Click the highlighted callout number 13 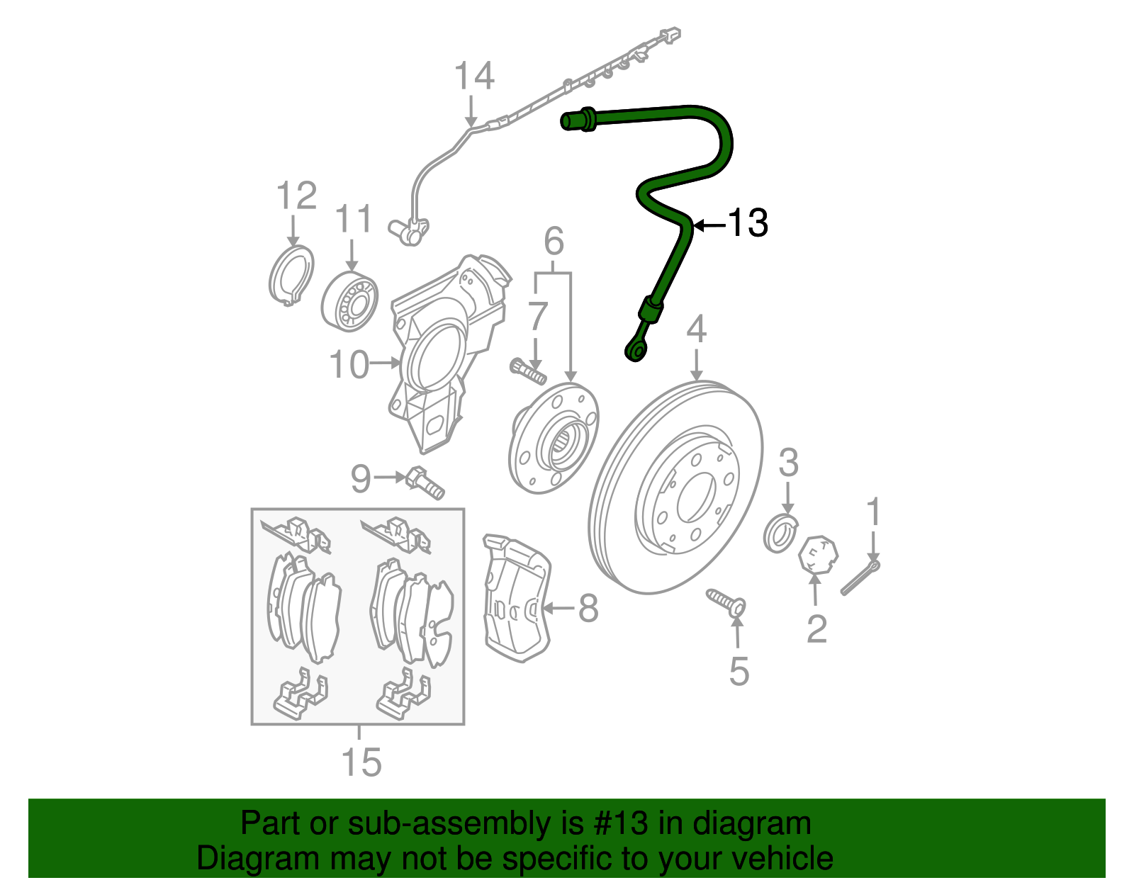(748, 223)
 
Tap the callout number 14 (473, 76)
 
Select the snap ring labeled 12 (291, 274)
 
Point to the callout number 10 (349, 364)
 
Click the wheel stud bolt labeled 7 (527, 371)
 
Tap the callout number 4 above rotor (697, 329)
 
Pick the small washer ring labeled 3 (780, 534)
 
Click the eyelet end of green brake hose (634, 351)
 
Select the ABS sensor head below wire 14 (408, 231)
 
